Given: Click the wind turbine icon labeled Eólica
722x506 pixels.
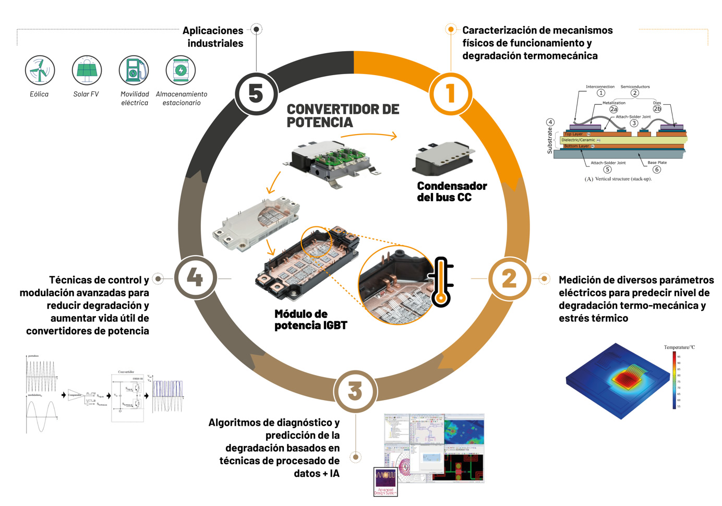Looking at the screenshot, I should click(40, 70).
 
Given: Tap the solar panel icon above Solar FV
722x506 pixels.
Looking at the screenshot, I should click(87, 70).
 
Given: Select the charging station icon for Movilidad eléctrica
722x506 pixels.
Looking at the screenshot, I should click(134, 70).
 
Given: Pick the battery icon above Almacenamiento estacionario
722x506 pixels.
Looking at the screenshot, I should click(180, 70).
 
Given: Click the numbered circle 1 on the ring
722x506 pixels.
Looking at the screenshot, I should click(450, 94).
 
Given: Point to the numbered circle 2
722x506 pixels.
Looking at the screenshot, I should click(509, 279).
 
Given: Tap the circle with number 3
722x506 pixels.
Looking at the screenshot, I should click(355, 391).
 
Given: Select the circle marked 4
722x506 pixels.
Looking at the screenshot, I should click(195, 278).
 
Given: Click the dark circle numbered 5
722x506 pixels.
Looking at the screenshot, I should click(256, 94).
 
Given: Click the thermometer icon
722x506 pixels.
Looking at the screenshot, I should click(441, 282).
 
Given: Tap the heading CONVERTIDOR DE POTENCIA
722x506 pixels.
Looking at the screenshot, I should click(343, 116).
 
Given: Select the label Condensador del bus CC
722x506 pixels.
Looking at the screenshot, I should click(452, 191).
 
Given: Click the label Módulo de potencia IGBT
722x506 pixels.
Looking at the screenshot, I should click(310, 320).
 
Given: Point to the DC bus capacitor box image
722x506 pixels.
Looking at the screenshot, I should click(443, 159).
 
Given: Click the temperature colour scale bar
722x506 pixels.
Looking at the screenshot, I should click(674, 380).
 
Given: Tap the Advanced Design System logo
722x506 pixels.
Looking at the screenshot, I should click(386, 481).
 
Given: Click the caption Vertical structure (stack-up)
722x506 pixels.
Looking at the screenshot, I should click(618, 179).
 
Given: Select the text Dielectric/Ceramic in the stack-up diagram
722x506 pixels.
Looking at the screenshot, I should click(578, 140).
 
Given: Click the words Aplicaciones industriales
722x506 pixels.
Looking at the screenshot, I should click(214, 37).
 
